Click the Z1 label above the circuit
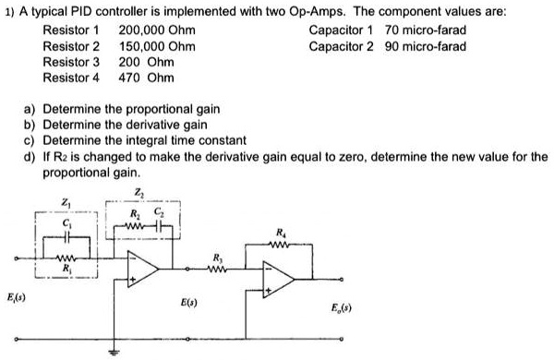pos(66,203)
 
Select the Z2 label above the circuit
pos(139,192)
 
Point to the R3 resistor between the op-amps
pos(219,270)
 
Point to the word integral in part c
pos(167,139)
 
